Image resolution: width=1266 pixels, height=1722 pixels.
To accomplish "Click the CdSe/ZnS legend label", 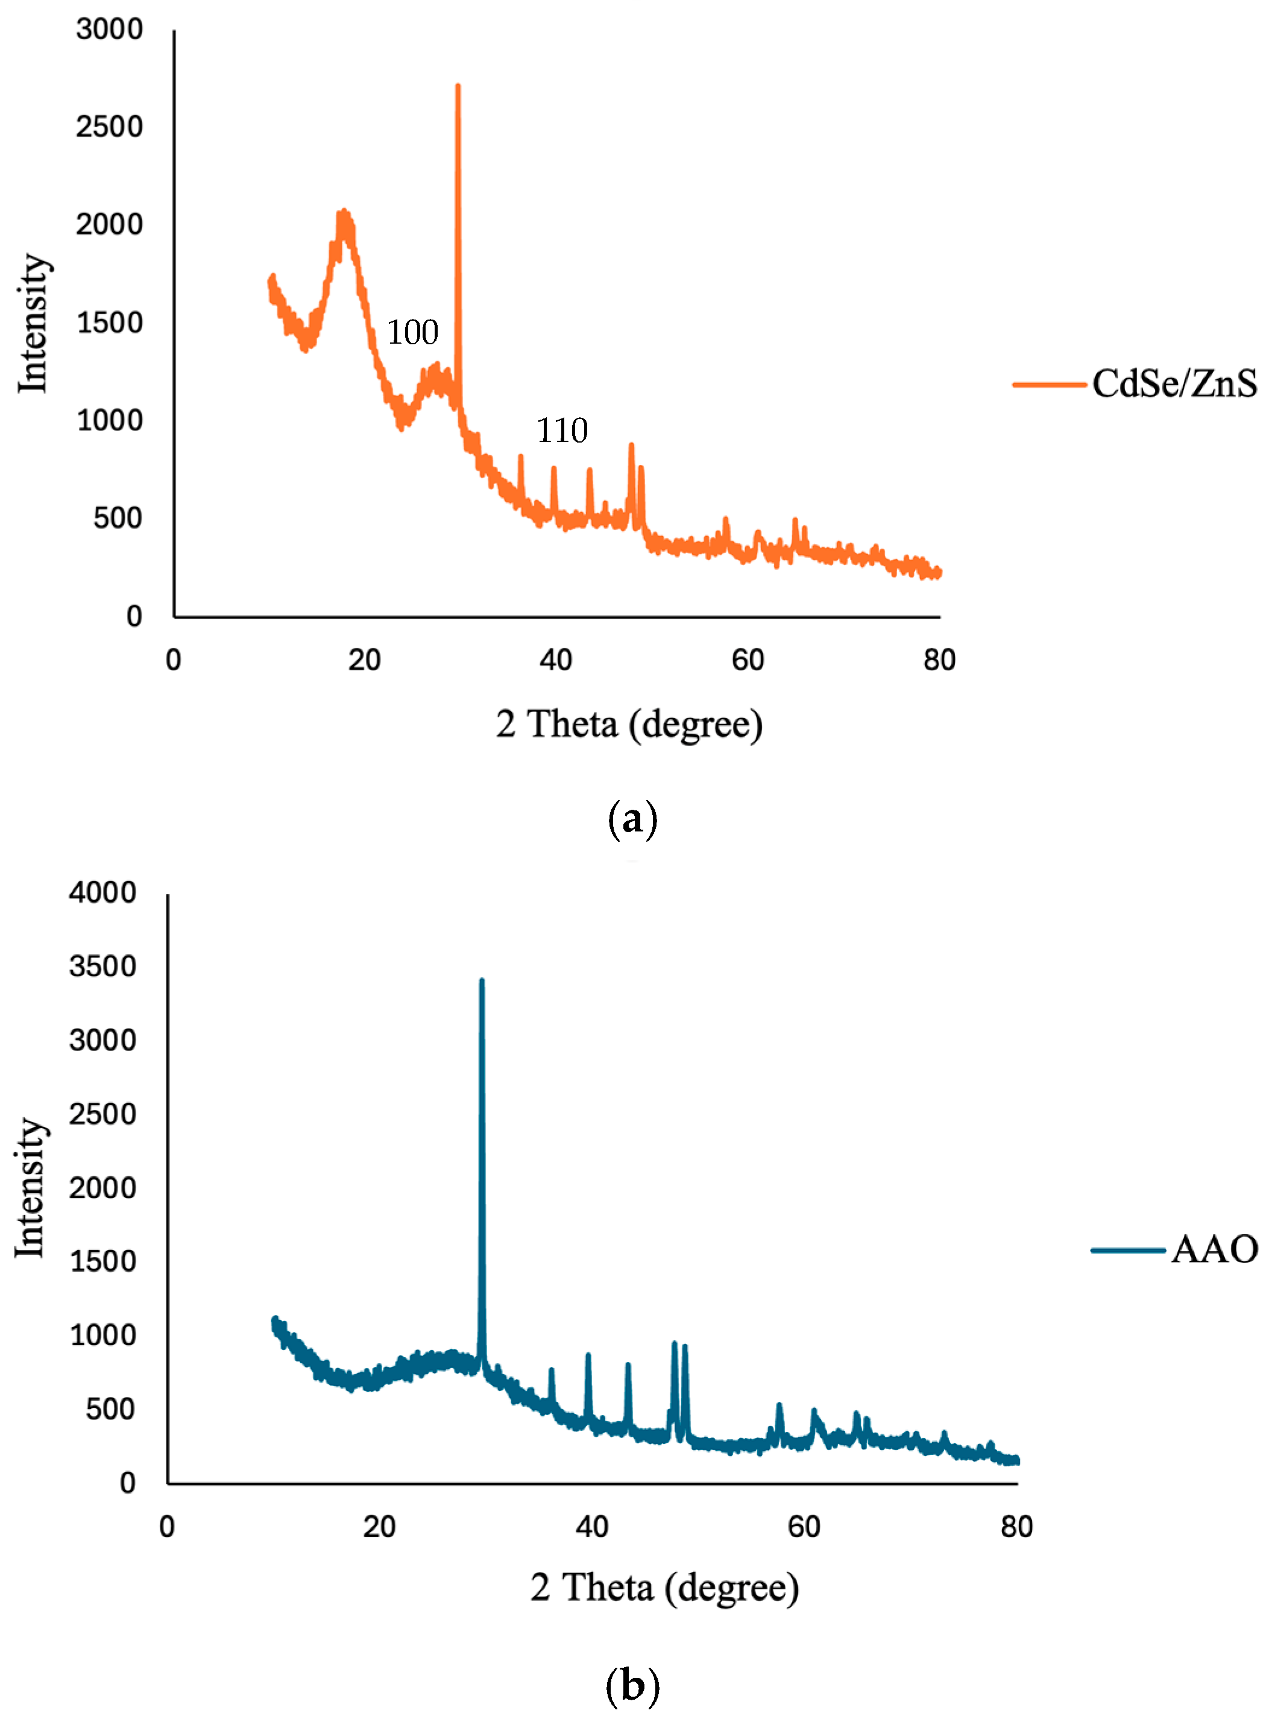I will pos(1173,383).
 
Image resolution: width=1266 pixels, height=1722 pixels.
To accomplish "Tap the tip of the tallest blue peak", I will pos(481,982).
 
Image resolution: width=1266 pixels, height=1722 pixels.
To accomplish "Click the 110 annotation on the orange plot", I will pos(562,430).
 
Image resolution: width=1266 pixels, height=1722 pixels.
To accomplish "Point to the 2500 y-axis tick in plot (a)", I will pos(110,127).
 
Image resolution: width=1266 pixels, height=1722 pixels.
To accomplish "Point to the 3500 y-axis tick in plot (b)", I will pos(102,967).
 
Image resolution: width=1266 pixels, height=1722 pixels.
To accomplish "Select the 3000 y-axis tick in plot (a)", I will pos(110,29).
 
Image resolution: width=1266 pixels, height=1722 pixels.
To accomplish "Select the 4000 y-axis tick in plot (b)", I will pos(102,893).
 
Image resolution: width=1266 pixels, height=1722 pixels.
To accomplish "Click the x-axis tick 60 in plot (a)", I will pos(747,660).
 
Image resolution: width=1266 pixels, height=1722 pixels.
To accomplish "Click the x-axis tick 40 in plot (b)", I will pos(591,1527).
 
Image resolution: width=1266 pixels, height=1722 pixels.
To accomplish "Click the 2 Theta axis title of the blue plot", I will pos(664,1587).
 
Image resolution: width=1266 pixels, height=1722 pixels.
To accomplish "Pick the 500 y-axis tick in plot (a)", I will pos(117,519).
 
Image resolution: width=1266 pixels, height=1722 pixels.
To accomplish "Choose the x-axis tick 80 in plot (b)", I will pos(1016,1527).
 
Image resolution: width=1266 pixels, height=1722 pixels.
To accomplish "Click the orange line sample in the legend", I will pos(1048,384).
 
